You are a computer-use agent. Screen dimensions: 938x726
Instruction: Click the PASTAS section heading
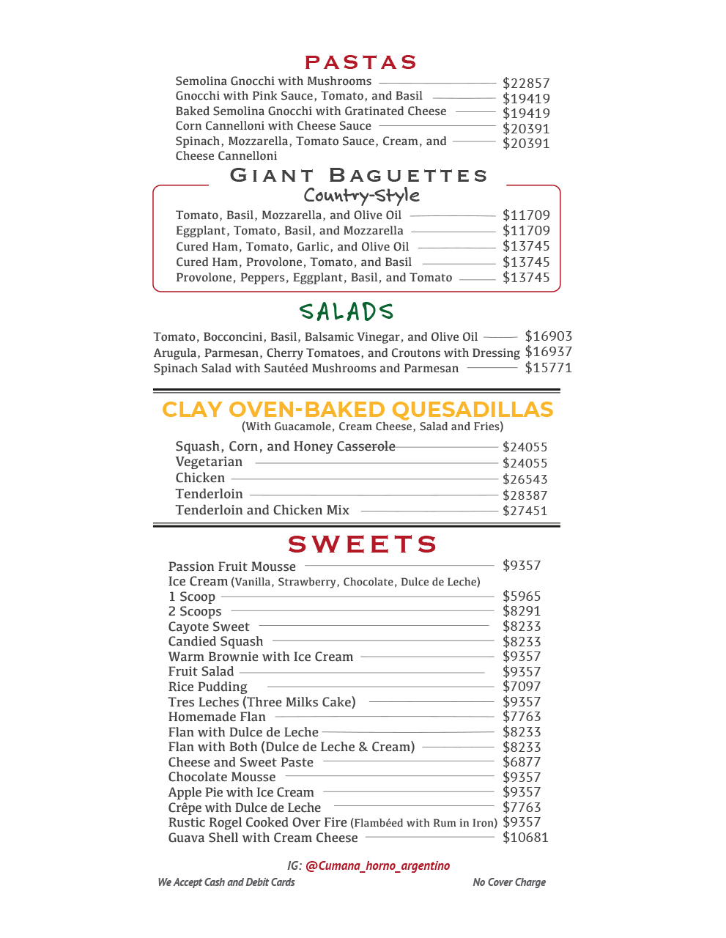pyautogui.click(x=360, y=62)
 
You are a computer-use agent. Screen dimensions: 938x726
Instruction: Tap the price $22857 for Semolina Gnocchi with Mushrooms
pyautogui.click(x=525, y=84)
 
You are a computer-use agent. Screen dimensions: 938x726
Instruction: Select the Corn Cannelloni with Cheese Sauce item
pyautogui.click(x=273, y=126)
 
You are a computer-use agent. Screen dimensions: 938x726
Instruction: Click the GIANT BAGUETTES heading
pyautogui.click(x=358, y=176)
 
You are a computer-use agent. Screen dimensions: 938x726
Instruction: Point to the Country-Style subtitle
pyautogui.click(x=362, y=196)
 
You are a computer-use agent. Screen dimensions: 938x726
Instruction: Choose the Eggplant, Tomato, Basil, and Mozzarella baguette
pyautogui.click(x=289, y=231)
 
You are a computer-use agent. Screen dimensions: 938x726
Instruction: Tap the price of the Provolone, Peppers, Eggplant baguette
pyautogui.click(x=525, y=278)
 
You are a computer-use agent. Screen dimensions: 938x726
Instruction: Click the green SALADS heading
pyautogui.click(x=347, y=312)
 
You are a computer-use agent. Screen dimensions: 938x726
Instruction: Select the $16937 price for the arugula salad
pyautogui.click(x=548, y=352)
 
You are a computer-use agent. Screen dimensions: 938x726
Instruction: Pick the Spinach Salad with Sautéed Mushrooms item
pyautogui.click(x=305, y=369)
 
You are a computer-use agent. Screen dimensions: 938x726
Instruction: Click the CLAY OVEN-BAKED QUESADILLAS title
pyautogui.click(x=358, y=410)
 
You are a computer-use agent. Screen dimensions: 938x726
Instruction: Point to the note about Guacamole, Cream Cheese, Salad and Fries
pyautogui.click(x=372, y=426)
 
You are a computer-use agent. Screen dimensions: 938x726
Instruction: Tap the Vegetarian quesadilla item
pyautogui.click(x=209, y=462)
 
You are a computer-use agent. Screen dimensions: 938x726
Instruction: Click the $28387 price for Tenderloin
pyautogui.click(x=525, y=495)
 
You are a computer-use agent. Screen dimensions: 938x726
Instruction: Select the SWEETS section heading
pyautogui.click(x=363, y=544)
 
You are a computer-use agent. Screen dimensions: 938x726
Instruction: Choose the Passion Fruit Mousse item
pyautogui.click(x=232, y=566)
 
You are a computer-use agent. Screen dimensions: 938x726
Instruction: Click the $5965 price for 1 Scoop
pyautogui.click(x=522, y=597)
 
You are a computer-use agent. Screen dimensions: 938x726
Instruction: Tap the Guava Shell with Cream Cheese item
pyautogui.click(x=263, y=838)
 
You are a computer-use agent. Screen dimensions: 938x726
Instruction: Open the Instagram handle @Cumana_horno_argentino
pyautogui.click(x=377, y=865)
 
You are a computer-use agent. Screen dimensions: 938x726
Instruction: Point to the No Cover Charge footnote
pyautogui.click(x=509, y=882)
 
